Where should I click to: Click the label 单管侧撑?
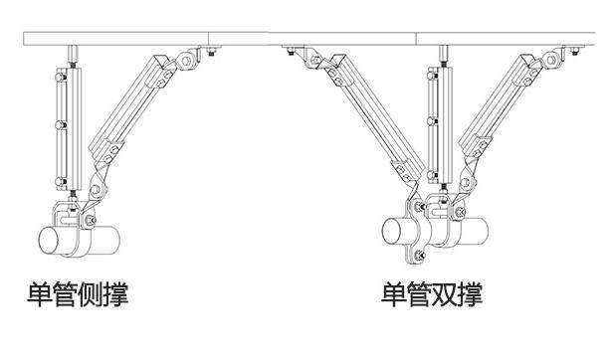coord(78,294)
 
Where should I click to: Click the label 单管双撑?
coord(432,294)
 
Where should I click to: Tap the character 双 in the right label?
coord(445,294)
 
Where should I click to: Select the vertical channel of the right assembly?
coord(435,124)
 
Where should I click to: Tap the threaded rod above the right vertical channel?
coord(435,52)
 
